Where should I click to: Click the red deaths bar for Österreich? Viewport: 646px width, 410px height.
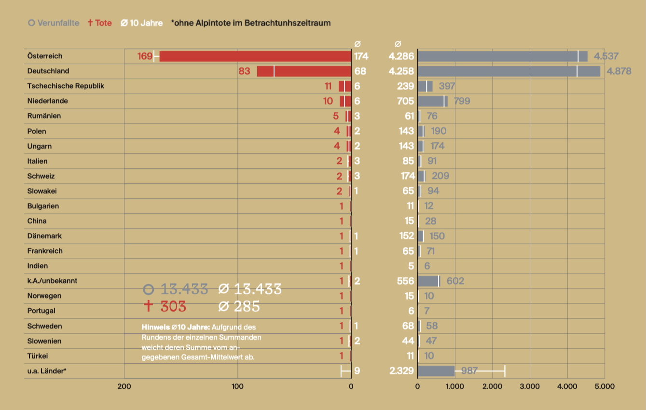coord(255,56)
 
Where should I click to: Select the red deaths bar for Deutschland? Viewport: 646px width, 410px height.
coord(304,71)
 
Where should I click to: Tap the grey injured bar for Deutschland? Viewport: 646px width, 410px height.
coord(509,71)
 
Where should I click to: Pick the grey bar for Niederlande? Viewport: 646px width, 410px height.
coord(432,101)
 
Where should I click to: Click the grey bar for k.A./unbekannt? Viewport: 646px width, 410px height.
coord(428,281)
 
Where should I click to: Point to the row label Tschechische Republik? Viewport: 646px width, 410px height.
coord(66,86)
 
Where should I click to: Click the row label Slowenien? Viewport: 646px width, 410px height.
coord(44,341)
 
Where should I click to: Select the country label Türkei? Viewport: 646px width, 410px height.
coord(38,356)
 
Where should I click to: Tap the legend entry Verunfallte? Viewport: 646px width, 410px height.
coord(54,23)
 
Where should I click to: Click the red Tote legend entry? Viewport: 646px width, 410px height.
coord(100,23)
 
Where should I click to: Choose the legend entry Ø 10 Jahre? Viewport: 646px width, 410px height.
coord(141,23)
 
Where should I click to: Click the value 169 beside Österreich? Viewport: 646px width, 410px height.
coord(145,56)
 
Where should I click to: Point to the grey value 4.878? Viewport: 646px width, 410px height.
coord(619,71)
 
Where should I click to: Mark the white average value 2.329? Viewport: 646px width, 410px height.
coord(401,371)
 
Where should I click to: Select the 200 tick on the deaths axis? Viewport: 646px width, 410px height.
coord(124,386)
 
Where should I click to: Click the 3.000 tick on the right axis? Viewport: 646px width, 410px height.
coord(530,386)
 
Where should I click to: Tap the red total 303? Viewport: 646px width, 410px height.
coord(165,306)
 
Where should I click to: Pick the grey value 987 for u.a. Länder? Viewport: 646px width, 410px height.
coord(469,371)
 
